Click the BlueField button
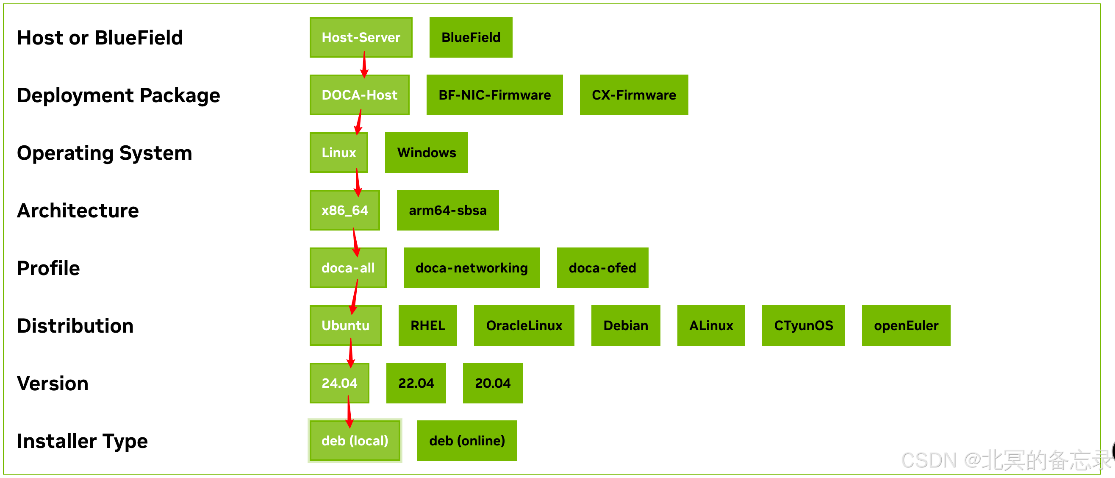[471, 37]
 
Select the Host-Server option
[361, 37]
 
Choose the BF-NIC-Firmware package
[494, 95]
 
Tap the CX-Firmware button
[634, 95]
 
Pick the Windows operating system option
[426, 153]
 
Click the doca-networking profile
[472, 267]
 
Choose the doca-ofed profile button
[602, 267]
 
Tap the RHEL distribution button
[427, 325]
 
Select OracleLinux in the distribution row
[524, 325]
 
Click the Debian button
[625, 325]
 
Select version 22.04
[416, 383]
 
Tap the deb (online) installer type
[466, 440]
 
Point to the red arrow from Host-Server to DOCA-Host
[364, 65]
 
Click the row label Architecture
[78, 211]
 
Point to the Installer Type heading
[82, 441]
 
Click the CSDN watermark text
[1004, 460]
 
